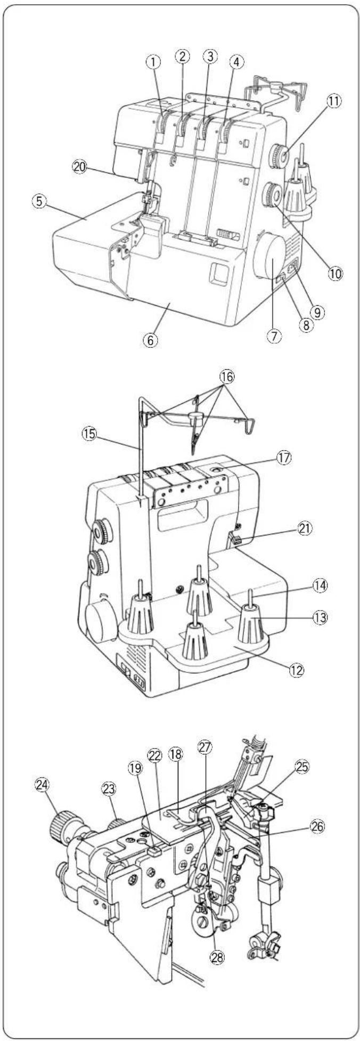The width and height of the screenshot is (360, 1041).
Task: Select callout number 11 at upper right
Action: click(335, 101)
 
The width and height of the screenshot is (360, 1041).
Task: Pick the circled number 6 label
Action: click(151, 339)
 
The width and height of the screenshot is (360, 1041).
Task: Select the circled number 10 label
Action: click(335, 273)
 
